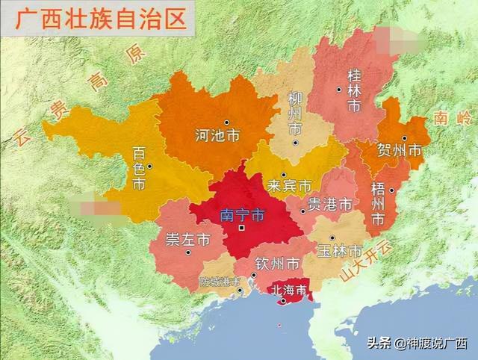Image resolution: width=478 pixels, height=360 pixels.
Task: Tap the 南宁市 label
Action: [242, 215]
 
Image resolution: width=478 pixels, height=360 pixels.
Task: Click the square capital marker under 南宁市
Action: [241, 228]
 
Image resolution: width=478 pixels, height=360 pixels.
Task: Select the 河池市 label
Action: [217, 136]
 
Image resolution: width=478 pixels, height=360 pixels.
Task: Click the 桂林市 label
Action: [354, 90]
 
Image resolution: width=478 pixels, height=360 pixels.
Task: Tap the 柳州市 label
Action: [295, 114]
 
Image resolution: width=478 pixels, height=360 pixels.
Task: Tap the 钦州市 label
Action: [277, 264]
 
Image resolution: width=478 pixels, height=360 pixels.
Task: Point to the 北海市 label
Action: [287, 289]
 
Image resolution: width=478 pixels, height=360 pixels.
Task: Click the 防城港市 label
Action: [220, 282]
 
